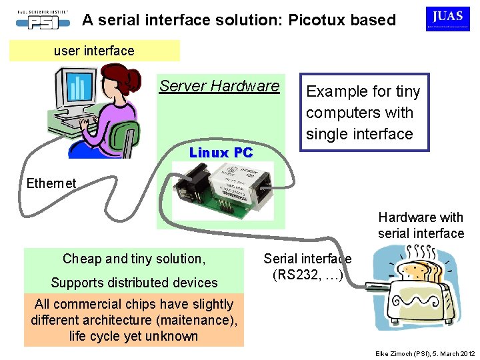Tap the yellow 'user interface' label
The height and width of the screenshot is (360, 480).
click(x=94, y=51)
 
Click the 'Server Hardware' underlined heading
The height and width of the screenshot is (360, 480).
click(x=219, y=86)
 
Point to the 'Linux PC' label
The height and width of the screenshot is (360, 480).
click(x=221, y=153)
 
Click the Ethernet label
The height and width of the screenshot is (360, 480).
click(x=51, y=183)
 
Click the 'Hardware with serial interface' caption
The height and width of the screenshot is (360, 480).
click(x=421, y=225)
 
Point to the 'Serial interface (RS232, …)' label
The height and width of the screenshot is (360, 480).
click(x=307, y=267)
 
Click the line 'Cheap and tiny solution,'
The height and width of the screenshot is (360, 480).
click(x=134, y=259)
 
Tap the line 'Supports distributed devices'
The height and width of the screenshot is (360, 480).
click(x=134, y=283)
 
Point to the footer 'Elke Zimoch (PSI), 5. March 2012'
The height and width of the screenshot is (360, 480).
click(x=425, y=353)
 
